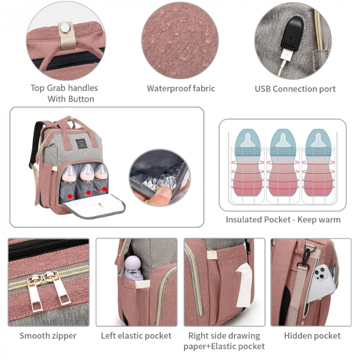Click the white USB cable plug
(x=286, y=56)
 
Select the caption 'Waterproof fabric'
(x=181, y=88)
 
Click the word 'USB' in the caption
(x=263, y=89)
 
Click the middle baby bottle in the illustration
(x=283, y=163)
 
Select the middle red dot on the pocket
(x=88, y=192)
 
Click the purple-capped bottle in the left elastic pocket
(x=133, y=268)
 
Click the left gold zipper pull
(x=35, y=292)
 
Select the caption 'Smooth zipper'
(x=48, y=336)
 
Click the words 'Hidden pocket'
(x=312, y=336)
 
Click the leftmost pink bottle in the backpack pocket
(x=69, y=174)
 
